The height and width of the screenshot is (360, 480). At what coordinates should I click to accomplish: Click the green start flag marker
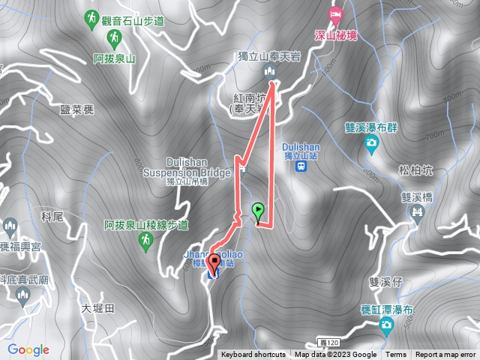point(259,211)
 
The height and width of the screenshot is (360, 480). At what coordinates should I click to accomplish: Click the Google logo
point(28,349)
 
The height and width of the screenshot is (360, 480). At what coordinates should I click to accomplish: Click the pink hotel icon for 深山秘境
point(335,13)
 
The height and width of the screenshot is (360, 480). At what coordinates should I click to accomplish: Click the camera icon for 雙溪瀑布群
point(370,143)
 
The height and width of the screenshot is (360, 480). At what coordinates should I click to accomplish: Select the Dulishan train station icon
point(301,166)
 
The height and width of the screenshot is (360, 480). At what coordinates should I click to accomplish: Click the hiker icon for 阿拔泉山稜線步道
point(146,241)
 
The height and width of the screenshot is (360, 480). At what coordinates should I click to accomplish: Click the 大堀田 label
point(96,308)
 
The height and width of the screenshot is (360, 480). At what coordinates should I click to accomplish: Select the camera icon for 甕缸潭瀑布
point(385,325)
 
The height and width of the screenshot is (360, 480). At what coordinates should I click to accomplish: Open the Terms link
point(396,355)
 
